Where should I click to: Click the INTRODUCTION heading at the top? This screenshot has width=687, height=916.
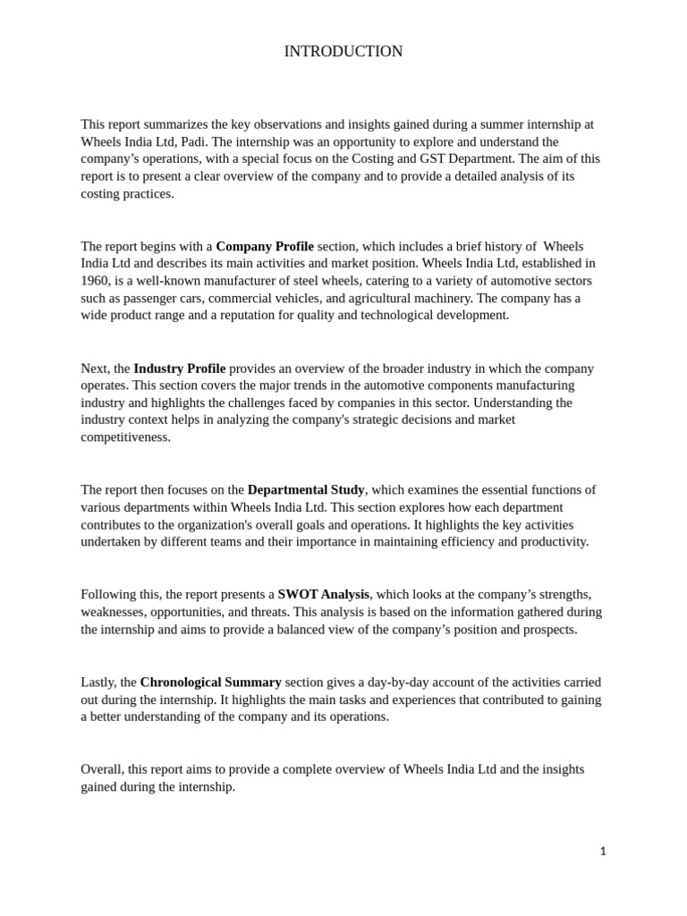coord(343,52)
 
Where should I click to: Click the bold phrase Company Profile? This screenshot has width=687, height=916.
coord(265,246)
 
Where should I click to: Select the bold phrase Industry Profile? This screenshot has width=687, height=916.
coord(179,369)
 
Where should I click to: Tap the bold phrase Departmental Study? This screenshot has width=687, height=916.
coord(306,490)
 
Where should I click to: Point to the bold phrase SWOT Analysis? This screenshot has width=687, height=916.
coord(323,595)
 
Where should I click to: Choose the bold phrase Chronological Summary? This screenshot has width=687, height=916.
coord(210,683)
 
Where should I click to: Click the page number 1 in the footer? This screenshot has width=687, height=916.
coord(603,852)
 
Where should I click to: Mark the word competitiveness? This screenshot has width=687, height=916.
coord(125,437)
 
